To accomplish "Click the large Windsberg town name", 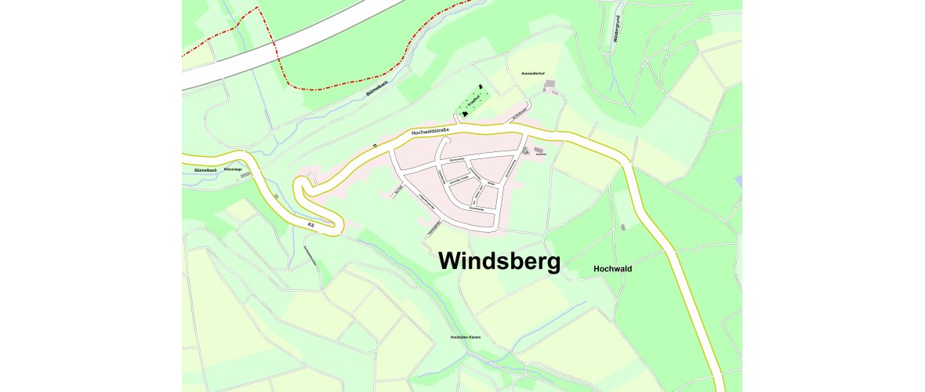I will click(499, 261).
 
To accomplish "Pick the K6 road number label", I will click(311, 226).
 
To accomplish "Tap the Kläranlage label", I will click(233, 169).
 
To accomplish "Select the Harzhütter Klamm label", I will click(465, 337).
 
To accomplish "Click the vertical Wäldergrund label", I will click(618, 29).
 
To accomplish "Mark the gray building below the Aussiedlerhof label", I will click(551, 83).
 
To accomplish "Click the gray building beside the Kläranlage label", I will click(245, 176).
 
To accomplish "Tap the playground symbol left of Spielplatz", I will click(526, 151).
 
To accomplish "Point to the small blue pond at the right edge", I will click(738, 182).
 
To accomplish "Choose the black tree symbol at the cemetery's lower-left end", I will click(466, 114).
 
